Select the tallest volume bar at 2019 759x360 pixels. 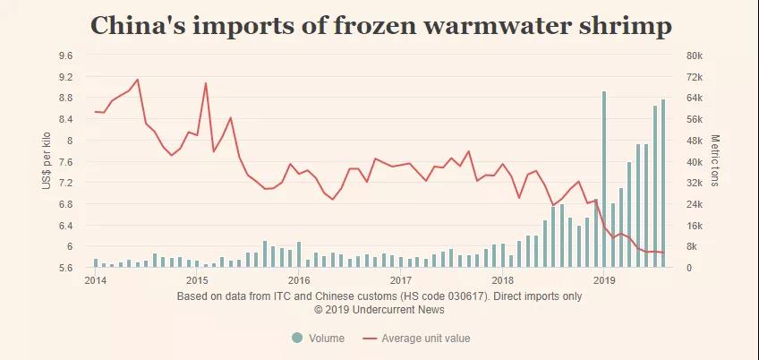[604, 179]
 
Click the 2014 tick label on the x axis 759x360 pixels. [95, 279]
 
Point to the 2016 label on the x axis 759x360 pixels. [298, 279]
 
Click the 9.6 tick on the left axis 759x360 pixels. [65, 56]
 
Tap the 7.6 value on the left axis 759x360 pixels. [65, 161]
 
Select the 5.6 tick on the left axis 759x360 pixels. [65, 268]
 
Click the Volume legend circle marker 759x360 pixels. [296, 338]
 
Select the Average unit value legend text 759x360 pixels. [425, 339]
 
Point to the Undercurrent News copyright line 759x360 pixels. [379, 310]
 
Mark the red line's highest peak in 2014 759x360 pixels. [137, 80]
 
